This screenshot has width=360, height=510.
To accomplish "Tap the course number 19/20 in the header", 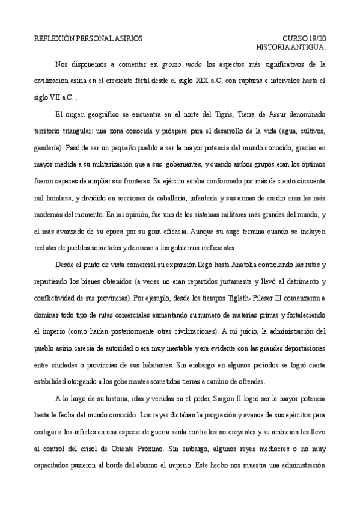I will (x=316, y=38).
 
